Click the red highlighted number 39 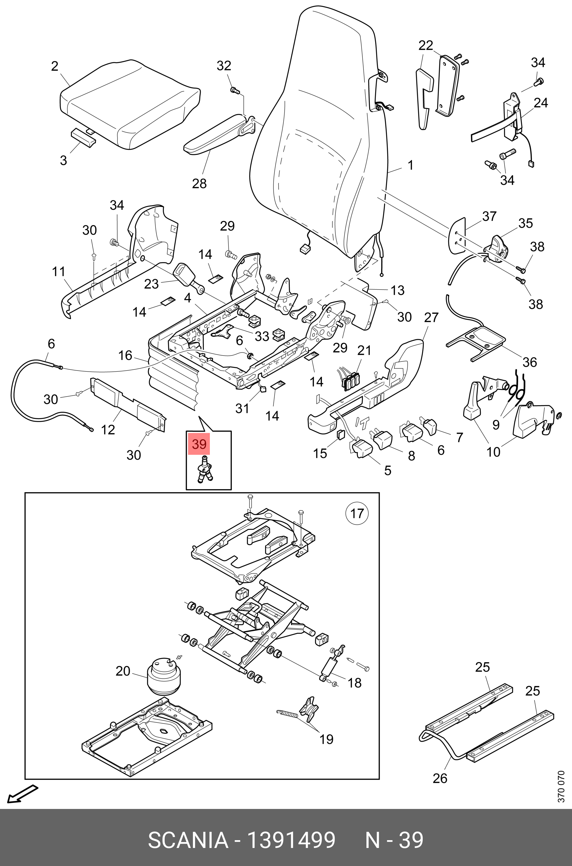pos(199,444)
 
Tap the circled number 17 pos(357,513)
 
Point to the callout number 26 pos(440,778)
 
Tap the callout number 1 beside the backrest pos(410,165)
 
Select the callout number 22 pos(425,45)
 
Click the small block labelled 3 pos(83,137)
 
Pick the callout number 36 pos(530,362)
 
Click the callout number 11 pos(59,272)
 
